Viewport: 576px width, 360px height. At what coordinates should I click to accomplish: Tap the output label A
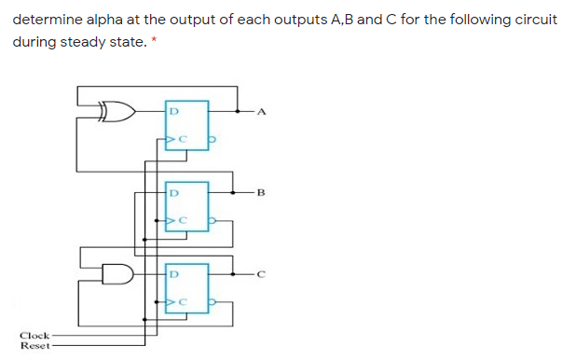click(x=262, y=114)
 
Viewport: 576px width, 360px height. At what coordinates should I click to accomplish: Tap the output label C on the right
click(x=262, y=274)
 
